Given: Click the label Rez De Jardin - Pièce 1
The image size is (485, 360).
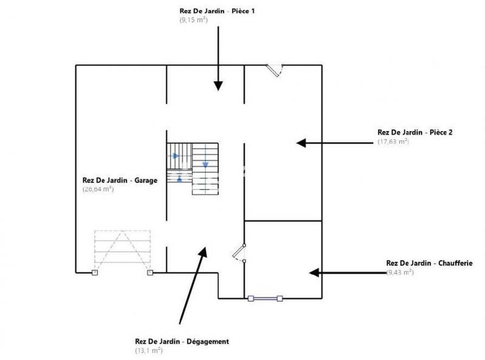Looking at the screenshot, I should [216, 11].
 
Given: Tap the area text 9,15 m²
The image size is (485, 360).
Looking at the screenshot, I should [193, 20].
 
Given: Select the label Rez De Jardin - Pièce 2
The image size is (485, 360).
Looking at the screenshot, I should [415, 132].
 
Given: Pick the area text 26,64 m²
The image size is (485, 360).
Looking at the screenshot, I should [98, 189].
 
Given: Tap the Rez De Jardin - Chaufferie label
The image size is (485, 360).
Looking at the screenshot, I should [429, 263].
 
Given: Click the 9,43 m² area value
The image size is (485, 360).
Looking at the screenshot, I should [400, 273].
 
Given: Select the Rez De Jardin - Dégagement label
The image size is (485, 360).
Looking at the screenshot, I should [181, 341].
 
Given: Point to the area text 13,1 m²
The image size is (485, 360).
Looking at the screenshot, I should [149, 351].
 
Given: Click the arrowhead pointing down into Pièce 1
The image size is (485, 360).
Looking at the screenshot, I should [218, 87].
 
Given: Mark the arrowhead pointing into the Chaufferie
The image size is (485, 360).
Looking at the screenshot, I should [314, 273].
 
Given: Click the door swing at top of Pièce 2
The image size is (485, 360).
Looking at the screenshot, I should [275, 70].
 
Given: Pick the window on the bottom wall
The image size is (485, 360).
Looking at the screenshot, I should [266, 298].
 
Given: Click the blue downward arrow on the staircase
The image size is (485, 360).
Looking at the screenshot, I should [205, 164].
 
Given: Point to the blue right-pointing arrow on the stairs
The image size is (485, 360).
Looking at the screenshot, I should [176, 156].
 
